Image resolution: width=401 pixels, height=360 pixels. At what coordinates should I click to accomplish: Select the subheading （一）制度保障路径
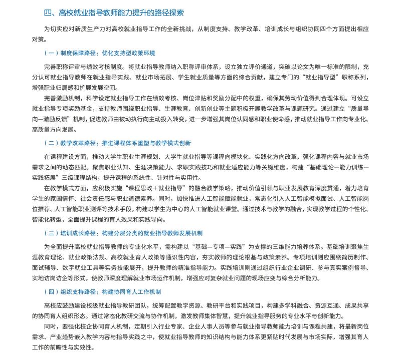click(100, 53)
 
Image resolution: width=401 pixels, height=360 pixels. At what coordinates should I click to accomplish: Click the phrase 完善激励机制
click(62, 98)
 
